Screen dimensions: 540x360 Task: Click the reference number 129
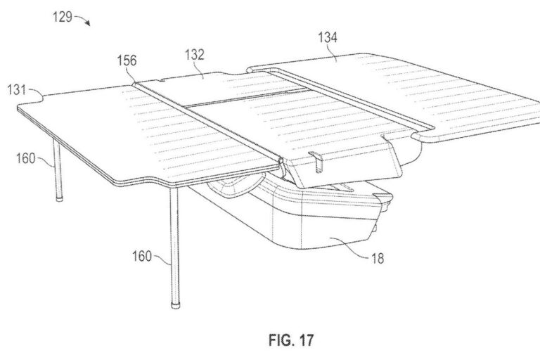pos(63,17)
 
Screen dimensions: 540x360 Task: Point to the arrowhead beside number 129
pos(88,23)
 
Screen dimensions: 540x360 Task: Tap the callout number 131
pos(17,89)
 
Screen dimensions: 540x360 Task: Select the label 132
pos(195,55)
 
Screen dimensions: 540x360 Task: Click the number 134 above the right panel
pos(328,37)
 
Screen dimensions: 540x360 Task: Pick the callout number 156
pos(127,60)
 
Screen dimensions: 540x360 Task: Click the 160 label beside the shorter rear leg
pos(26,158)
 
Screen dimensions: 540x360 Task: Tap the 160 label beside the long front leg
pos(142,257)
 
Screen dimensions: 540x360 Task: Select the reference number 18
pos(378,258)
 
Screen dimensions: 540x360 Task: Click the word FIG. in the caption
pos(281,340)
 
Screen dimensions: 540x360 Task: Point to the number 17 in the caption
pos(306,340)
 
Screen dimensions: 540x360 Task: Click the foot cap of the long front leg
pos(176,305)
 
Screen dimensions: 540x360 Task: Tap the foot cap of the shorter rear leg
pos(60,199)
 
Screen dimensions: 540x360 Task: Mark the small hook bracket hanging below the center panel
pos(317,161)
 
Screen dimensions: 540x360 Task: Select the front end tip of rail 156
pos(281,160)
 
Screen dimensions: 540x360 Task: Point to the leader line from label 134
pos(333,52)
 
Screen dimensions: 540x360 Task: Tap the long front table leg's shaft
pos(174,245)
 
